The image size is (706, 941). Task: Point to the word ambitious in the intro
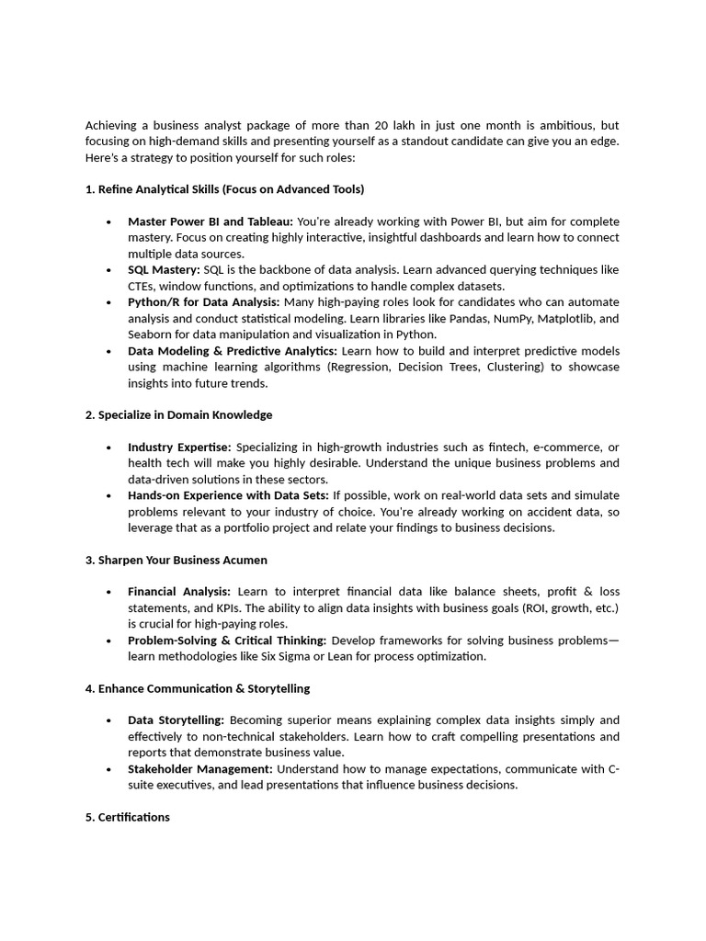click(x=565, y=125)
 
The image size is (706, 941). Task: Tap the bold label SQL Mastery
click(x=164, y=270)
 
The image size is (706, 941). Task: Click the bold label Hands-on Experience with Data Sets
click(x=228, y=495)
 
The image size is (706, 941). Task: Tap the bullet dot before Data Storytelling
click(x=108, y=721)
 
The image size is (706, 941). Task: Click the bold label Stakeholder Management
click(x=199, y=768)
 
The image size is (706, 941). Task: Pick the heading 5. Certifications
click(x=128, y=817)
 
